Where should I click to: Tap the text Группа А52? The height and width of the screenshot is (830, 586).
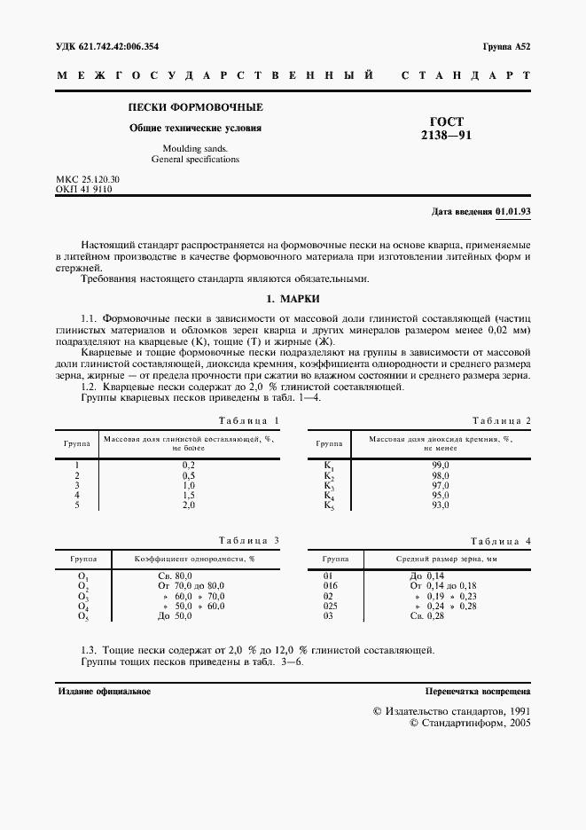506,46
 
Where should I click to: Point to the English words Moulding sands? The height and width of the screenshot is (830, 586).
195,149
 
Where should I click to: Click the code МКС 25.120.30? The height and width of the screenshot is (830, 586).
88,179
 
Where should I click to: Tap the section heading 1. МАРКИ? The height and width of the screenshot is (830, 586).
293,299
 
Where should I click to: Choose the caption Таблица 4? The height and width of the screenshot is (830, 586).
500,540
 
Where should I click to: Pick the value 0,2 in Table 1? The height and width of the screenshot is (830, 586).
188,466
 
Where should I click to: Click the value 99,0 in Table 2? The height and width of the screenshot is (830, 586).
441,466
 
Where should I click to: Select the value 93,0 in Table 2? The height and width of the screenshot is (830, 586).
441,505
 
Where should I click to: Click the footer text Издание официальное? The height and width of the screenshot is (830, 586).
103,690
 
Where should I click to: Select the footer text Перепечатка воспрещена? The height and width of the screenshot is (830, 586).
478,690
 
